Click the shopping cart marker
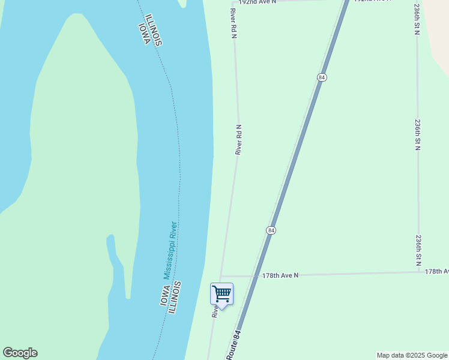pyautogui.click(x=221, y=294)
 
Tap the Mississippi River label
pyautogui.click(x=170, y=250)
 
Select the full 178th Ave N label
pyautogui.click(x=280, y=275)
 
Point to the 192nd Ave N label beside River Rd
pyautogui.click(x=257, y=2)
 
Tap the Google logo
pyautogui.click(x=20, y=353)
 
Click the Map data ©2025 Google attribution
pyautogui.click(x=411, y=355)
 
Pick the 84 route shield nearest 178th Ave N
pyautogui.click(x=271, y=230)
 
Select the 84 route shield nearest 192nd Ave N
pyautogui.click(x=322, y=77)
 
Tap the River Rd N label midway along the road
pyautogui.click(x=238, y=140)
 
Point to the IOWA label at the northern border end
pyautogui.click(x=143, y=33)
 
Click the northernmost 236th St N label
pyautogui.click(x=417, y=19)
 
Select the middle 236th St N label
pyautogui.click(x=417, y=134)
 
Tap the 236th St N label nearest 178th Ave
pyautogui.click(x=418, y=250)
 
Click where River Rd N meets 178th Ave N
pyautogui.click(x=221, y=277)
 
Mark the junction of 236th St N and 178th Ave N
pyautogui.click(x=419, y=272)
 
